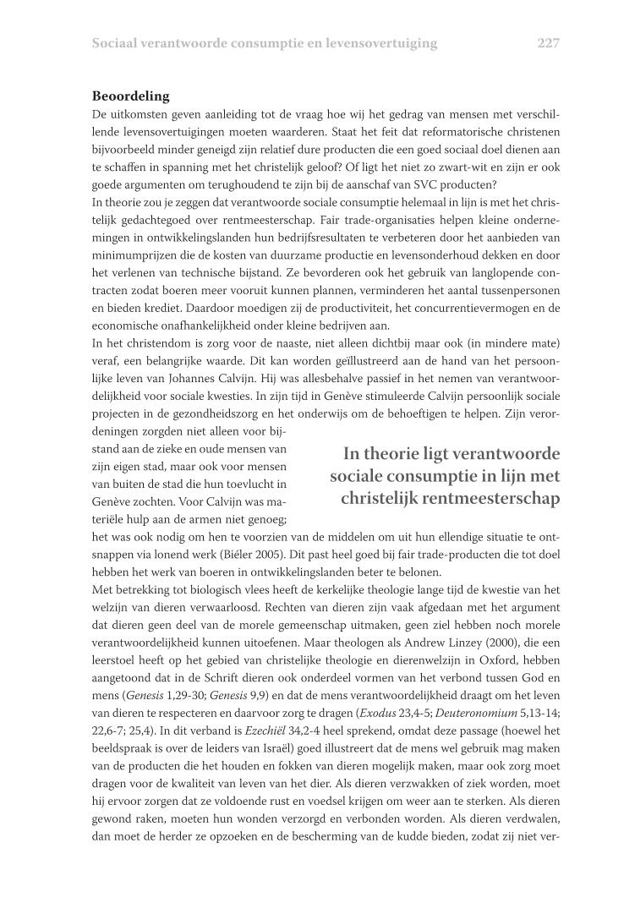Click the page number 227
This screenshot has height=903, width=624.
point(548,43)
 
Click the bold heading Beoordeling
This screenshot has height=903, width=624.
point(131,96)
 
